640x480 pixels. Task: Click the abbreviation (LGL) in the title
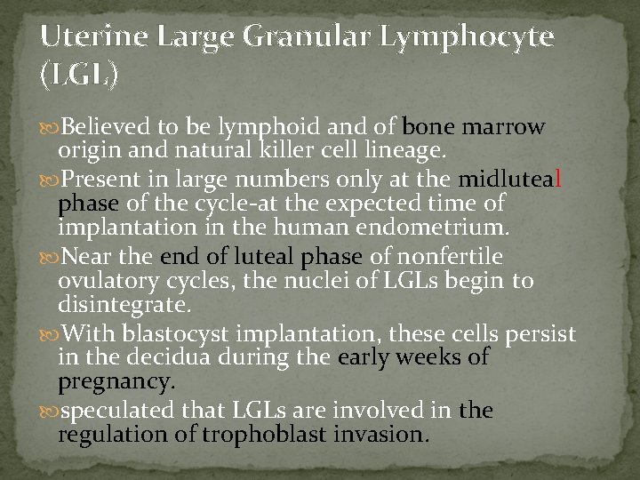coord(78,77)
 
